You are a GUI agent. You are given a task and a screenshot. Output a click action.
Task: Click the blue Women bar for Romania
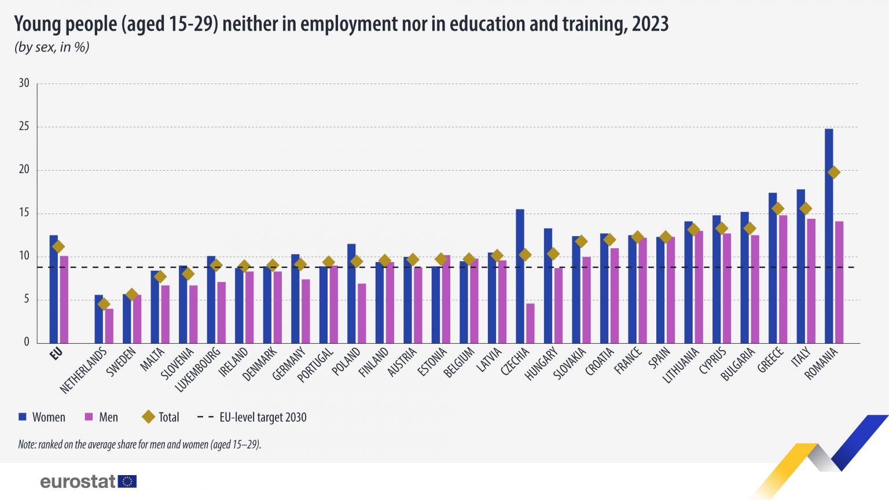pyautogui.click(x=829, y=237)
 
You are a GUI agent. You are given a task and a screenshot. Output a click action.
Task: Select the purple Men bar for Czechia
pyautogui.click(x=530, y=323)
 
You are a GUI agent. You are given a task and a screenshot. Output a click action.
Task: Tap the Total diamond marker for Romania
pyautogui.click(x=833, y=172)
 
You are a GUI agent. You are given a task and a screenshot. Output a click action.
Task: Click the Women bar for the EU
pyautogui.click(x=54, y=289)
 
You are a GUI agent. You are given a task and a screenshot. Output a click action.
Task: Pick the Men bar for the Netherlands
pyautogui.click(x=109, y=326)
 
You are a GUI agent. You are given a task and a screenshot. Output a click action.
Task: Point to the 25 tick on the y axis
pyautogui.click(x=24, y=126)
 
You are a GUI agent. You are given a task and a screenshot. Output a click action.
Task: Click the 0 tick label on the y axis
pyautogui.click(x=27, y=342)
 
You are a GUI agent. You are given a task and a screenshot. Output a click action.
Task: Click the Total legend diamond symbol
pyautogui.click(x=148, y=417)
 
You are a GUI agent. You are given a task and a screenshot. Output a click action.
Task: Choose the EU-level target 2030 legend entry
pyautogui.click(x=252, y=417)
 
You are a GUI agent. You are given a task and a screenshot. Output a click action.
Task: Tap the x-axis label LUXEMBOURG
pyautogui.click(x=199, y=369)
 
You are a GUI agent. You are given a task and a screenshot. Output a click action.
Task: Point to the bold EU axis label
pyautogui.click(x=56, y=354)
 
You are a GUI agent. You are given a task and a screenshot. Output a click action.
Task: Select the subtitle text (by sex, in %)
pyautogui.click(x=52, y=47)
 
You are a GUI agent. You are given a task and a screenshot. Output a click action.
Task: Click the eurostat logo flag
pyautogui.click(x=127, y=481)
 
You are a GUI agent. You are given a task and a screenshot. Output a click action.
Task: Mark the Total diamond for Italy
pyautogui.click(x=806, y=208)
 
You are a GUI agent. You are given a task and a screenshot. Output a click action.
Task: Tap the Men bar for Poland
pyautogui.click(x=362, y=313)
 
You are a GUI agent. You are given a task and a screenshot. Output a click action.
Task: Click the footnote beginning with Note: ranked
pyautogui.click(x=139, y=444)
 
